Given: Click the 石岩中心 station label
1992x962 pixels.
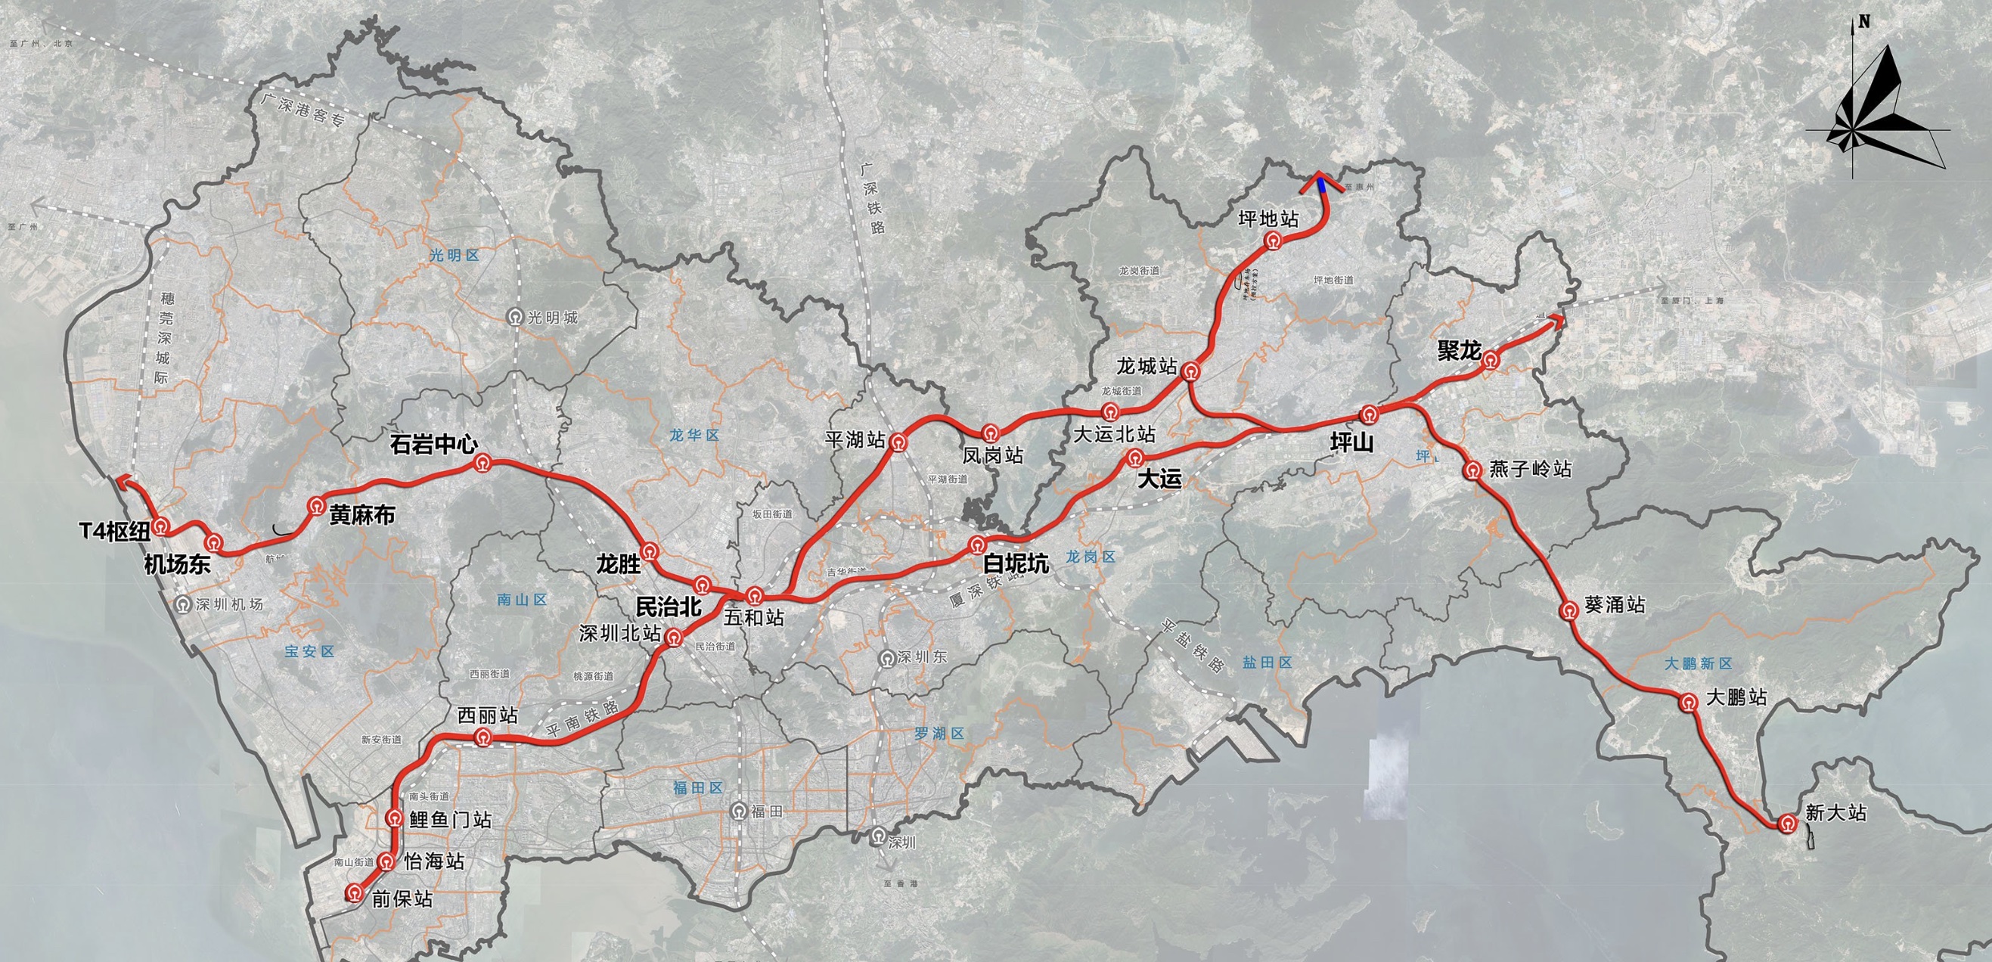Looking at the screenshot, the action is [x=433, y=445].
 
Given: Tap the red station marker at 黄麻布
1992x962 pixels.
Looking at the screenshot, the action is [x=315, y=507].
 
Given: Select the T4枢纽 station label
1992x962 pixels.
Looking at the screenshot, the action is [x=115, y=531].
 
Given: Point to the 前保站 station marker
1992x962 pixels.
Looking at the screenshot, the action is [x=354, y=893].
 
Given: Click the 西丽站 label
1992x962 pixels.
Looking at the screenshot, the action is [x=487, y=715].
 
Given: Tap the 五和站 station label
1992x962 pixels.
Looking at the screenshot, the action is [x=754, y=617].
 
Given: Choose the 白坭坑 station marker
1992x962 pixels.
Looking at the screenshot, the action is [x=976, y=545].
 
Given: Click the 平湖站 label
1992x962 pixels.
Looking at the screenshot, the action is [x=855, y=440].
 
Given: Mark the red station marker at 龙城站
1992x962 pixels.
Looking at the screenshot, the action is [x=1191, y=371].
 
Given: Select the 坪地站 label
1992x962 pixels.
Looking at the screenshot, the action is [x=1268, y=219].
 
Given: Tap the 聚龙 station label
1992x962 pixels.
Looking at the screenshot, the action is [x=1458, y=351].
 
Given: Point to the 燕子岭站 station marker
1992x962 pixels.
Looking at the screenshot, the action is [x=1473, y=470].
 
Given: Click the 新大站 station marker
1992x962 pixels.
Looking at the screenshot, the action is [x=1786, y=824].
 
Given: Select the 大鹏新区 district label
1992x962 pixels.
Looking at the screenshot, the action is [x=1698, y=663].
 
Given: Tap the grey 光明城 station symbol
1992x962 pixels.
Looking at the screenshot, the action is [x=514, y=317].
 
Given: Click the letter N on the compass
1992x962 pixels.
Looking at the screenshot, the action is [x=1864, y=22].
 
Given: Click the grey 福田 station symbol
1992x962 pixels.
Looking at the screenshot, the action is [x=739, y=811].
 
